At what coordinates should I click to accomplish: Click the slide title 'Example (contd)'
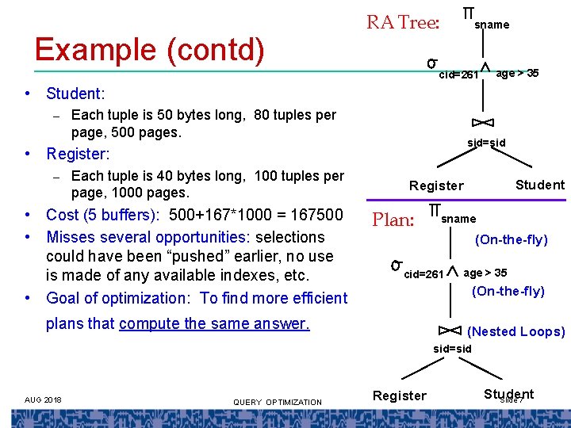tap(149, 50)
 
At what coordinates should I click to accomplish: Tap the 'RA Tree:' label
tap(402, 22)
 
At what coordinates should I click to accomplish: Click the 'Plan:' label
tap(393, 220)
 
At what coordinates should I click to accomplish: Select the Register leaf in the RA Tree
tap(436, 185)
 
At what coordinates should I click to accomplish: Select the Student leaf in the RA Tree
tap(540, 185)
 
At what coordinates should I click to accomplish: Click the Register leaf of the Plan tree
tap(400, 396)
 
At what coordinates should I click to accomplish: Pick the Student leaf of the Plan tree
tap(508, 394)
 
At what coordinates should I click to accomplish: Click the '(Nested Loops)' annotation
tap(516, 331)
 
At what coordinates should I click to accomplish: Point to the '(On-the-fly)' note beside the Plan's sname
tap(511, 239)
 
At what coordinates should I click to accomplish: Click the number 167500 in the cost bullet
tap(315, 215)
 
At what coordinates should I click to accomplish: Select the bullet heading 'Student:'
tap(75, 94)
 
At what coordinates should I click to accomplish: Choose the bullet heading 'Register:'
tap(78, 153)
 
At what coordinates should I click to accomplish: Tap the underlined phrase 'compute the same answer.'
tap(214, 323)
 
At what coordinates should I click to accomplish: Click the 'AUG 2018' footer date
tap(43, 399)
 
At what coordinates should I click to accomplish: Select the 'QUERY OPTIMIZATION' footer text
tap(278, 402)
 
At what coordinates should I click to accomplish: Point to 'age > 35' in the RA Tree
tap(517, 74)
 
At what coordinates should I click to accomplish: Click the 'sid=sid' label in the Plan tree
tap(453, 349)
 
